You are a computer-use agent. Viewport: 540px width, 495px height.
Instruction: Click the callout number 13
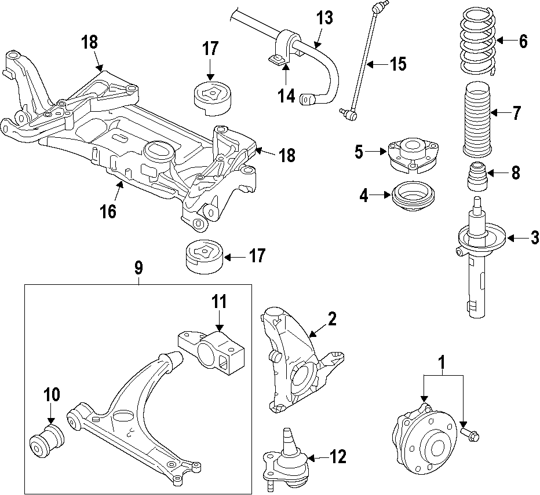tap(324, 18)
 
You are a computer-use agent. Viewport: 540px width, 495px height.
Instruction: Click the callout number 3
tap(534, 237)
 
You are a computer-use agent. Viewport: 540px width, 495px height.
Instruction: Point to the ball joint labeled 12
tap(286, 457)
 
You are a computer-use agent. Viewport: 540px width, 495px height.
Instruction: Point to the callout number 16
tap(108, 211)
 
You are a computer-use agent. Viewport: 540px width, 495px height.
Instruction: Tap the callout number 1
tap(443, 362)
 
